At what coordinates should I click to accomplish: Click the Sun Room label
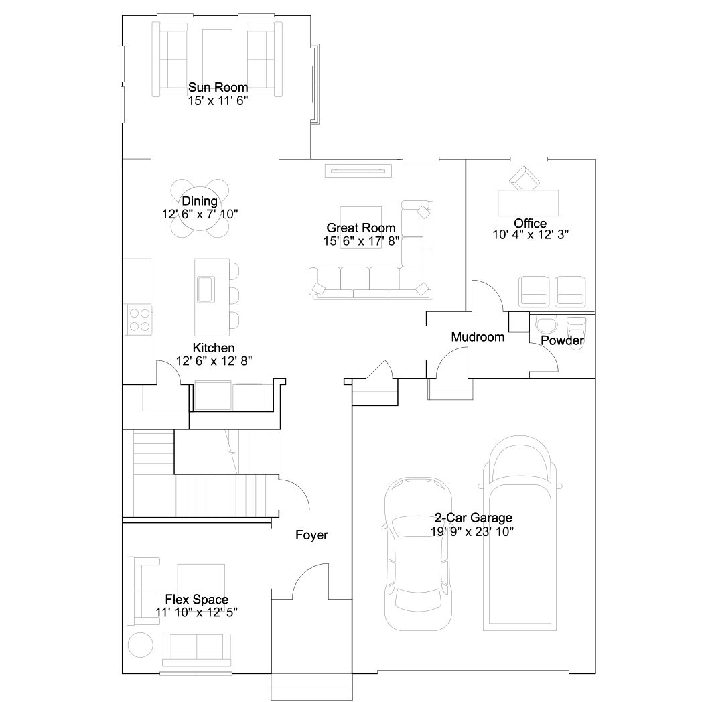pyautogui.click(x=218, y=87)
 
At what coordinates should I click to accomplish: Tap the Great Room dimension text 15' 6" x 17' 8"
pyautogui.click(x=361, y=241)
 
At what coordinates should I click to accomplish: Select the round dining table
pyautogui.click(x=200, y=208)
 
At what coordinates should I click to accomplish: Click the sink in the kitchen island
pyautogui.click(x=206, y=289)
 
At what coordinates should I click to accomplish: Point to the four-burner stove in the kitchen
pyautogui.click(x=139, y=320)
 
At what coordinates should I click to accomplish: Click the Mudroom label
pyautogui.click(x=478, y=337)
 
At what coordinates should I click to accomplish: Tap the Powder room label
pyautogui.click(x=562, y=340)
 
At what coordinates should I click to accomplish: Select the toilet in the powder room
pyautogui.click(x=576, y=332)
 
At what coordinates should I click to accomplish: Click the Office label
pyautogui.click(x=530, y=223)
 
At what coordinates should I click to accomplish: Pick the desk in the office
pyautogui.click(x=529, y=203)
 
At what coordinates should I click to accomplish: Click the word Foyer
pyautogui.click(x=311, y=535)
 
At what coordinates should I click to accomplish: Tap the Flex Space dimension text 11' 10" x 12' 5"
pyautogui.click(x=196, y=612)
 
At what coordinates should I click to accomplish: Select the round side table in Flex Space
pyautogui.click(x=141, y=644)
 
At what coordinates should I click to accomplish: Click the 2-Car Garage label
pyautogui.click(x=473, y=518)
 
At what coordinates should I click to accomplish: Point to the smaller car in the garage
pyautogui.click(x=418, y=554)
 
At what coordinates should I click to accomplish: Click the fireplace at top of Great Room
pyautogui.click(x=358, y=171)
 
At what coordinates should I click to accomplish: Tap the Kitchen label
pyautogui.click(x=214, y=348)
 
